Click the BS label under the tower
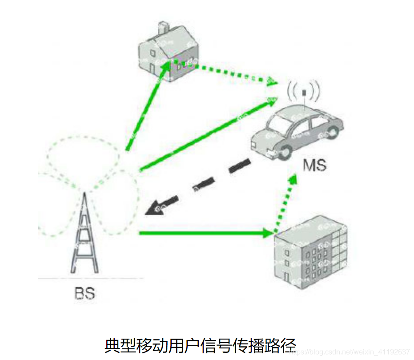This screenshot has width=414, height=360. point(84,294)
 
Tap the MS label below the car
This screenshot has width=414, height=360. point(315,166)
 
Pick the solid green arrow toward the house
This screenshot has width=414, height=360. point(147,107)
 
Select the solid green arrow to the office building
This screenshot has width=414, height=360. point(205,233)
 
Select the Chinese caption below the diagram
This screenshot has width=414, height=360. point(200,345)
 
